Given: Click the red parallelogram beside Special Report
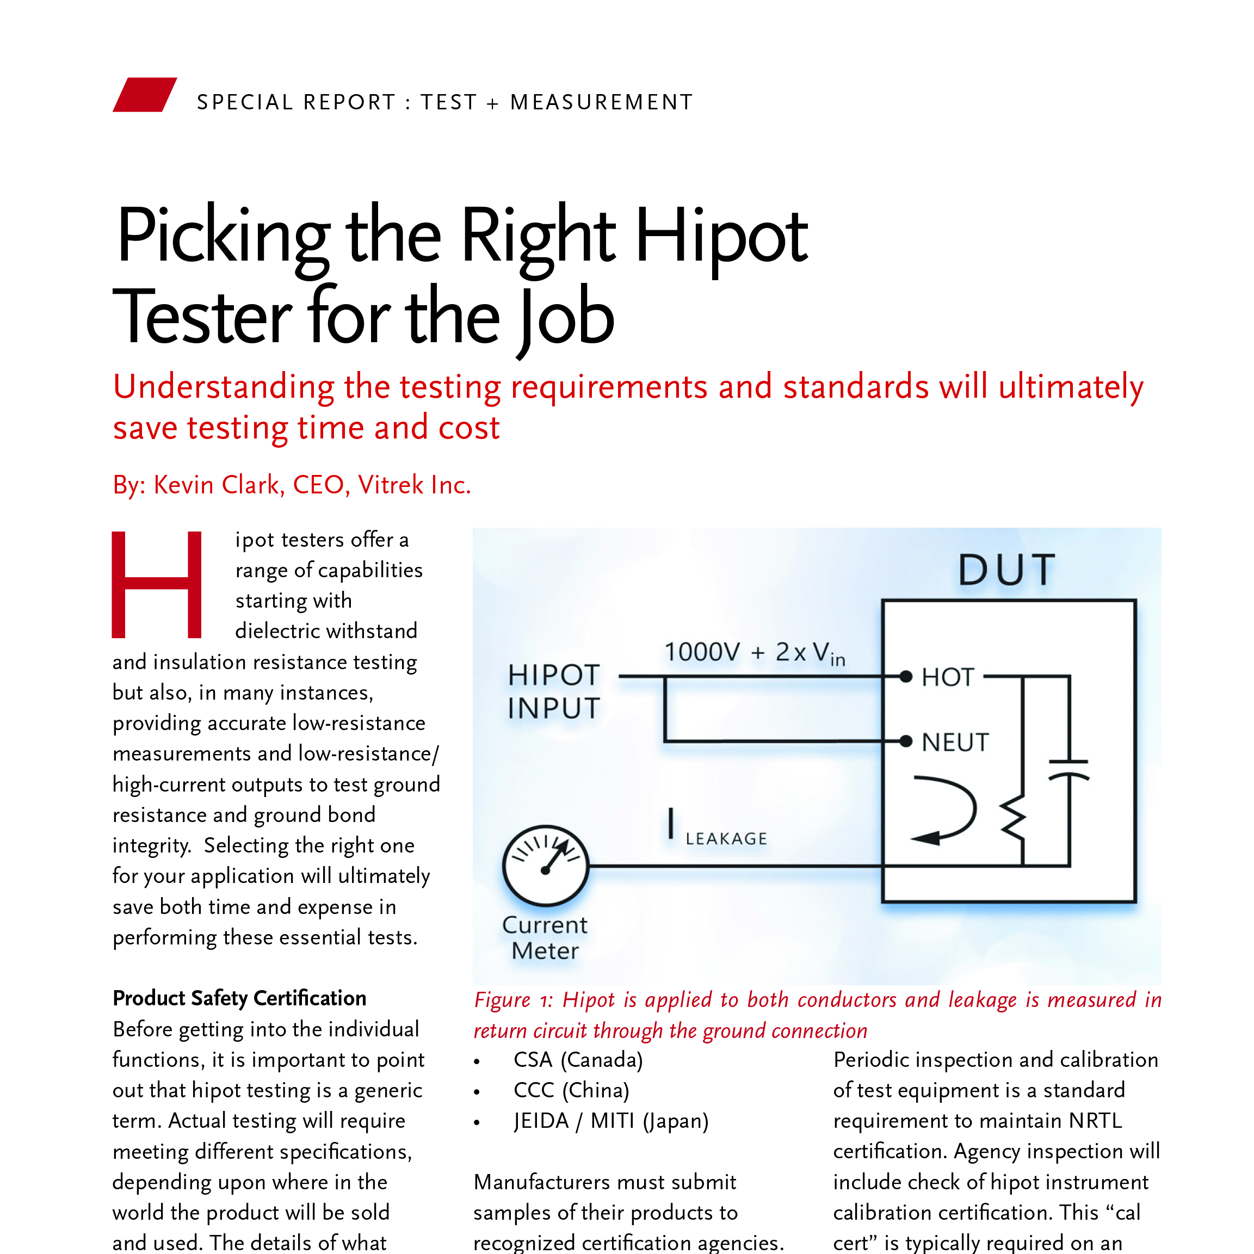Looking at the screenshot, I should (144, 95).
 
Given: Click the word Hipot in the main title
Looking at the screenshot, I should (721, 237).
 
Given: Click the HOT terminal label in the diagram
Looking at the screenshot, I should (948, 677).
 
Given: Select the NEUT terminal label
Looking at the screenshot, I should (955, 742).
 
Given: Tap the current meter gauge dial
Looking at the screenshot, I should (545, 865).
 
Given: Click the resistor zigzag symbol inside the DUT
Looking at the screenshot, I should (1013, 819).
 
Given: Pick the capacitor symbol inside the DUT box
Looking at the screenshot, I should (1068, 768).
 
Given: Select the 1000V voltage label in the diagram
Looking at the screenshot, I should (702, 652).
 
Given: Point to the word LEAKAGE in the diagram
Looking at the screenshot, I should (726, 838).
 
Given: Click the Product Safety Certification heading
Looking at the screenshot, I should (239, 998).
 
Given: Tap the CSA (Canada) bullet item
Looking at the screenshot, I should (578, 1059).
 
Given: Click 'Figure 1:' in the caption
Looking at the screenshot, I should (514, 999).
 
